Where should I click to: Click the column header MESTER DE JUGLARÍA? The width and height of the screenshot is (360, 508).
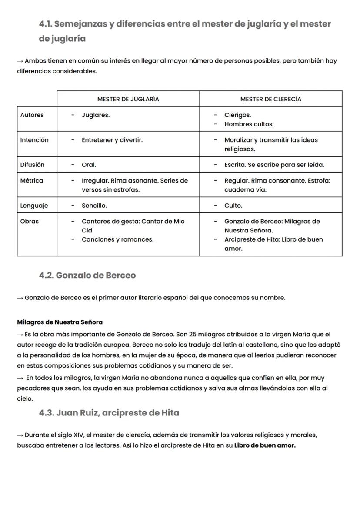pyautogui.click(x=128, y=99)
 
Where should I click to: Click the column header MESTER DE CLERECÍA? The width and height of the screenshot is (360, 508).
pyautogui.click(x=270, y=99)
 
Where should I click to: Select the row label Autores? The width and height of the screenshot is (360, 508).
pyautogui.click(x=32, y=115)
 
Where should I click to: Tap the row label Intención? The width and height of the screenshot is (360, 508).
pyautogui.click(x=34, y=140)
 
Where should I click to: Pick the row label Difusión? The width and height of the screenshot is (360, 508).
pyautogui.click(x=32, y=165)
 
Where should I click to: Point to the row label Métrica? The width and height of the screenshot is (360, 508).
pyautogui.click(x=31, y=180)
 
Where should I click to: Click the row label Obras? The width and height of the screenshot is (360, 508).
pyautogui.click(x=29, y=221)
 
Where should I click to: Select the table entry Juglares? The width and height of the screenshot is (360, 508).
pyautogui.click(x=96, y=115)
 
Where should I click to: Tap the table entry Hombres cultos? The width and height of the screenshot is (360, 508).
pyautogui.click(x=249, y=124)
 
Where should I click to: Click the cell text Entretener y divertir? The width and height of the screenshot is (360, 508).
pyautogui.click(x=112, y=140)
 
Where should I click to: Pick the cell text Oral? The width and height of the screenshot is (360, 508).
pyautogui.click(x=89, y=165)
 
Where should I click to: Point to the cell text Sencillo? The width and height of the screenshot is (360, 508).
pyautogui.click(x=94, y=206)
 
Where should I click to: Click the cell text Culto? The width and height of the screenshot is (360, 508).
pyautogui.click(x=233, y=206)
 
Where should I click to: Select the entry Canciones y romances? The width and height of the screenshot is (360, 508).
pyautogui.click(x=117, y=239)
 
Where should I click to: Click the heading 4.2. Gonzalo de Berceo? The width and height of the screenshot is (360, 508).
pyautogui.click(x=87, y=276)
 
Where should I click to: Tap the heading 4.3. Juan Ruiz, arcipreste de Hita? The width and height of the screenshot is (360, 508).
pyautogui.click(x=109, y=413)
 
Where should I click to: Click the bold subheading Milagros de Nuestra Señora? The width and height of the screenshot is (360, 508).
pyautogui.click(x=60, y=322)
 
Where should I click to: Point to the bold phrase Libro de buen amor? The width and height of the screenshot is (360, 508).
pyautogui.click(x=265, y=445)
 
